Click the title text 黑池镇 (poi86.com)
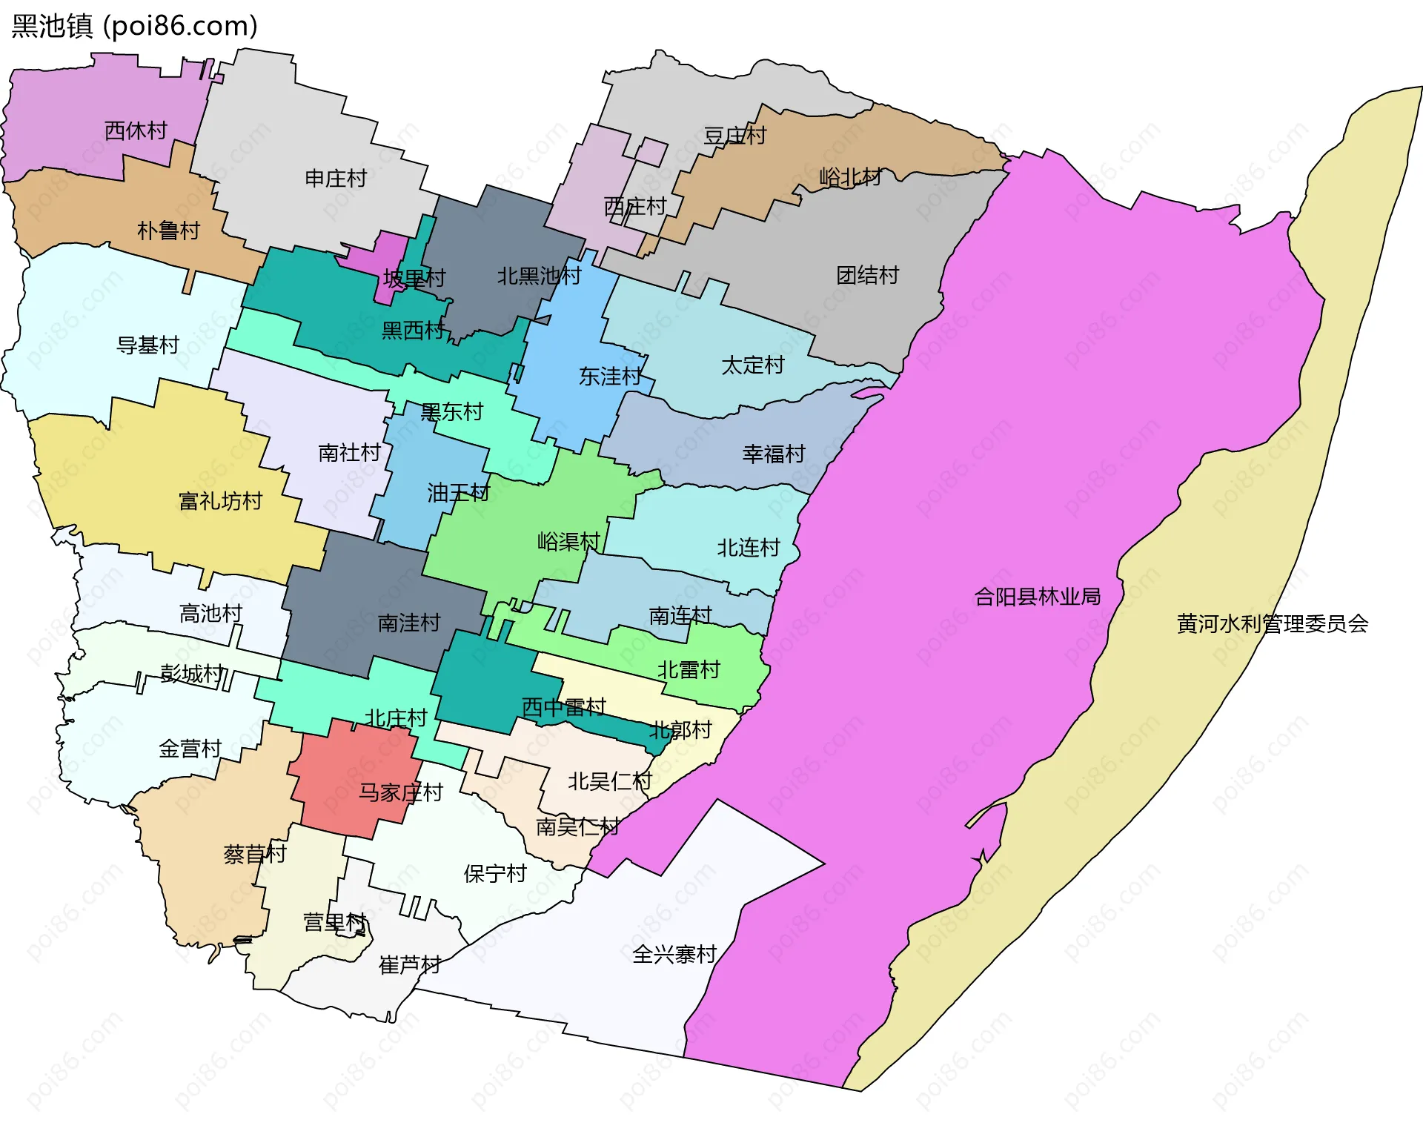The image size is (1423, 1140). [135, 26]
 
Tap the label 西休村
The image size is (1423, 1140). [136, 130]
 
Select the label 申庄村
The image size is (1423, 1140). [336, 179]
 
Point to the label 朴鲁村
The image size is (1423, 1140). [168, 231]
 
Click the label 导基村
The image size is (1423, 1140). [147, 345]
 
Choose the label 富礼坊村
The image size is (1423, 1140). [220, 502]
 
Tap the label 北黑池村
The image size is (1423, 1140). [539, 276]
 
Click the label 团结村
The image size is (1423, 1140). [867, 276]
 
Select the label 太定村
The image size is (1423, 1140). [752, 365]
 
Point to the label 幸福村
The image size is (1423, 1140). [774, 454]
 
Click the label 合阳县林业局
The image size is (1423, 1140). [1037, 597]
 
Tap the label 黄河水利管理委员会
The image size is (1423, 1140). [1272, 624]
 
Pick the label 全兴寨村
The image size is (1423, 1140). [674, 955]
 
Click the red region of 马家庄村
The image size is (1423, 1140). [348, 771]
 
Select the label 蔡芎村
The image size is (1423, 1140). [254, 855]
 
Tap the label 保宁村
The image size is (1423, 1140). [494, 874]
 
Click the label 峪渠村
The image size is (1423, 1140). [568, 542]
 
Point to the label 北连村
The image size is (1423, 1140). [748, 549]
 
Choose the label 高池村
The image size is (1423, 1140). [210, 614]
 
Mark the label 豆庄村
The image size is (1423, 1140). [734, 136]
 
